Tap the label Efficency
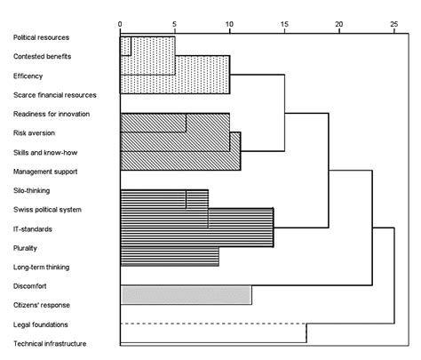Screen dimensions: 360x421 (28, 76)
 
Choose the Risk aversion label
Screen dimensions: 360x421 (35, 132)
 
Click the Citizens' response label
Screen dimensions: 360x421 (44, 305)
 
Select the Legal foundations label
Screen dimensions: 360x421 (41, 324)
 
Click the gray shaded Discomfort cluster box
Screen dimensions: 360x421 (186, 295)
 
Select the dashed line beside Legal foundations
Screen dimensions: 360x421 (213, 324)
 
